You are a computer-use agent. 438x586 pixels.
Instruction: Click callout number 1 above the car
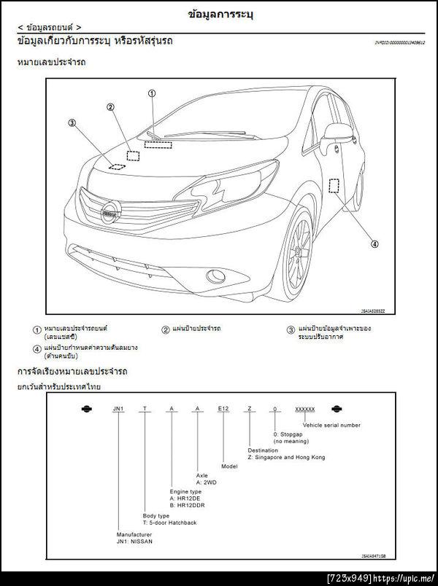pos(152,93)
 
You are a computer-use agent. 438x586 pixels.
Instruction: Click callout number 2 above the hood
pos(110,107)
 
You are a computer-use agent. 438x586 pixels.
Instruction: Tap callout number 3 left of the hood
pos(72,123)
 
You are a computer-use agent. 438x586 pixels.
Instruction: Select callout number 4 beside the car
pos(374,243)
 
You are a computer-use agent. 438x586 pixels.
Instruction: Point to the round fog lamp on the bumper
pos(215,276)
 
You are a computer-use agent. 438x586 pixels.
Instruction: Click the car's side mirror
pos(337,133)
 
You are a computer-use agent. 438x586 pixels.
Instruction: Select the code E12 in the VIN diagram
pos(224,409)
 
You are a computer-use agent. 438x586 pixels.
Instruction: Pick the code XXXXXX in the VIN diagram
pos(304,409)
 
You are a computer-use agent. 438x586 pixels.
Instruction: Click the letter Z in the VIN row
pos(250,409)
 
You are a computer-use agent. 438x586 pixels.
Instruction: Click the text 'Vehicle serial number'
pos(331,425)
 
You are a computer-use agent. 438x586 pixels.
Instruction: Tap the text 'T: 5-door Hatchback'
pos(169,523)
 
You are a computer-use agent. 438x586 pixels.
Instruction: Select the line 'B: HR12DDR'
pos(187,505)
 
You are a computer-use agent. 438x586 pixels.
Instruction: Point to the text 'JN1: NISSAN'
pos(134,542)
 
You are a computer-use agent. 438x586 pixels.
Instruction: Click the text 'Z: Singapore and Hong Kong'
pos(286,457)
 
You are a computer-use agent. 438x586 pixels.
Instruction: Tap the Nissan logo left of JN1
pos(87,409)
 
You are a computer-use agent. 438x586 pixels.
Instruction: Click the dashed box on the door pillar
pos(334,186)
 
